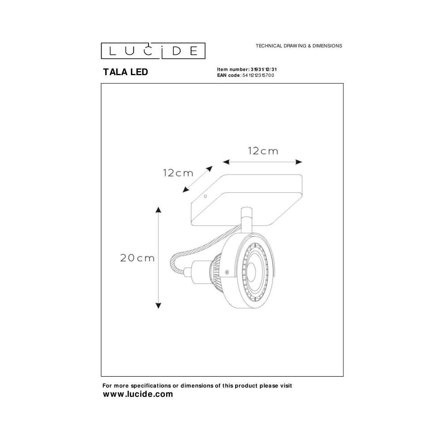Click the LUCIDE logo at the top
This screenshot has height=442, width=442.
(x=153, y=50)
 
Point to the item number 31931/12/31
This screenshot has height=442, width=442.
(x=263, y=70)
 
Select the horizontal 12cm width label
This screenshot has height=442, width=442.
(x=263, y=151)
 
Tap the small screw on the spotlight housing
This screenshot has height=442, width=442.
(x=227, y=272)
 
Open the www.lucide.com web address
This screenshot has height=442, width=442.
(x=138, y=394)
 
